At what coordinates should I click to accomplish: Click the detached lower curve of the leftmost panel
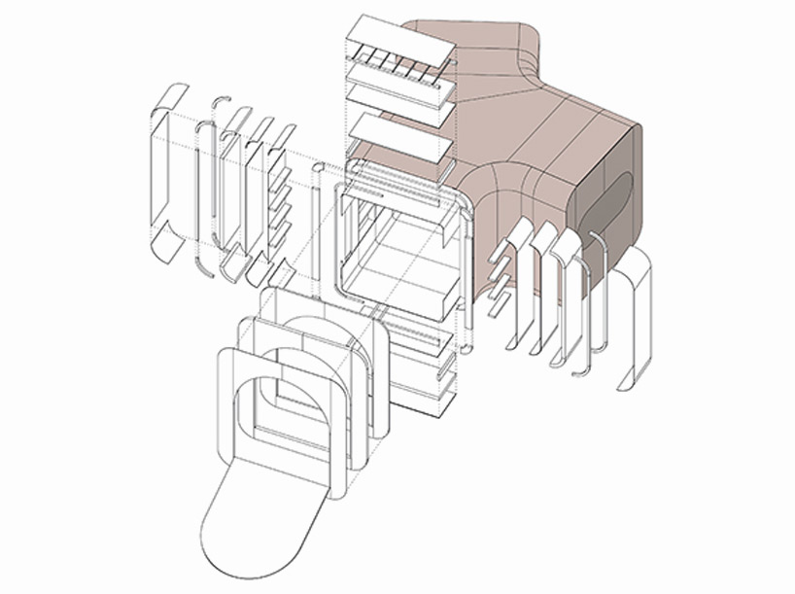(165, 247)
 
